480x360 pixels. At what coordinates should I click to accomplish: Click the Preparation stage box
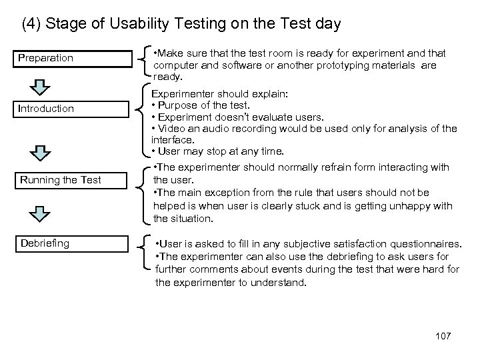[x=73, y=58]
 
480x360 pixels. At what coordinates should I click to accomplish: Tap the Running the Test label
[x=60, y=179]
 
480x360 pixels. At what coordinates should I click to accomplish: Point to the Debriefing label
[x=45, y=243]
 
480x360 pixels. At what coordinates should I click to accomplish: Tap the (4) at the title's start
[x=31, y=25]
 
